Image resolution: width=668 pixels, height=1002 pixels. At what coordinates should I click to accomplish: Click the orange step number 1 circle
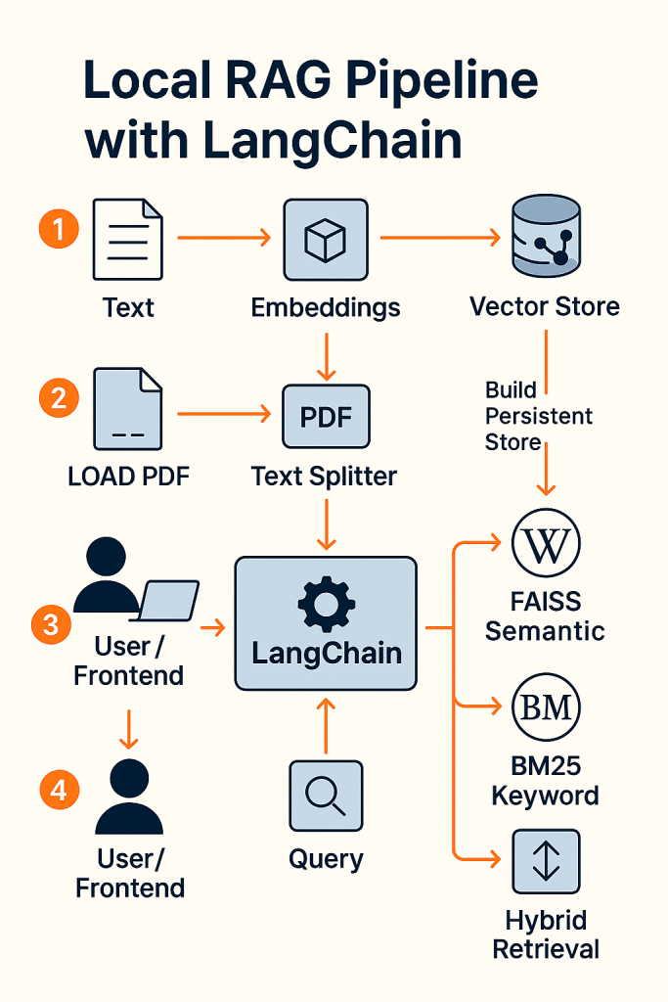click(59, 231)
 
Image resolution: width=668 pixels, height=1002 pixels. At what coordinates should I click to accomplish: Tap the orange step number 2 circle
click(59, 398)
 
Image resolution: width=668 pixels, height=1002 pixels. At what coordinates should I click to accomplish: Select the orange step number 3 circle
click(51, 624)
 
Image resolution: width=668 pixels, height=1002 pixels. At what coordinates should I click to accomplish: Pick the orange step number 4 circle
click(59, 788)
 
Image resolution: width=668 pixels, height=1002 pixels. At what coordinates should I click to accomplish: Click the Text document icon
click(127, 239)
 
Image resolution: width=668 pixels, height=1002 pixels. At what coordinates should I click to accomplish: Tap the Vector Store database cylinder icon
click(546, 237)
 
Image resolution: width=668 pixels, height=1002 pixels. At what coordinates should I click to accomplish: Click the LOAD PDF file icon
click(127, 408)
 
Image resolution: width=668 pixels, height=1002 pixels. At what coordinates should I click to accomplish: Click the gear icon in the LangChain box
click(326, 603)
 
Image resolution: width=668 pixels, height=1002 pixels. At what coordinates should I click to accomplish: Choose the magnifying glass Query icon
click(326, 796)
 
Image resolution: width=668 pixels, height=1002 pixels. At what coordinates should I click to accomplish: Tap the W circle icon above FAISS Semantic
click(546, 545)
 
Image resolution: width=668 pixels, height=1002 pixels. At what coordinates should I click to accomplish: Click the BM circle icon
click(546, 706)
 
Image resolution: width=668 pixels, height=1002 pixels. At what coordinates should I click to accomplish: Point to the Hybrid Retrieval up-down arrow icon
click(546, 861)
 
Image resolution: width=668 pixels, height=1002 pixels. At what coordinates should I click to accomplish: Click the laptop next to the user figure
click(168, 599)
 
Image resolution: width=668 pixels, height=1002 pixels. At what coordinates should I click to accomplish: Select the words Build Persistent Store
click(538, 416)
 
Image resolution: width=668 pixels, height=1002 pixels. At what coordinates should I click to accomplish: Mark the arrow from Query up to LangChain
click(326, 724)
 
